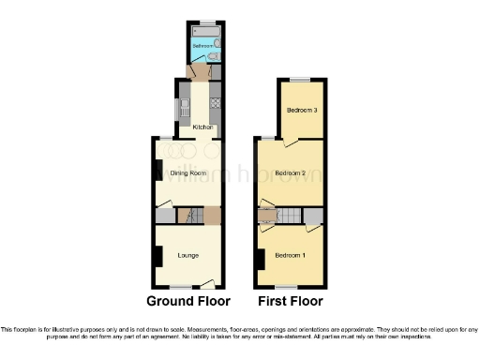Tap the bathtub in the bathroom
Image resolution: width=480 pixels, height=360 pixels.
tap(204, 33)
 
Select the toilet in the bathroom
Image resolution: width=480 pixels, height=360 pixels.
tap(215, 48)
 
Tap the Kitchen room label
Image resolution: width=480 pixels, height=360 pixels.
tap(203, 127)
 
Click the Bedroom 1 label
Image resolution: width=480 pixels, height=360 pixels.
tap(291, 255)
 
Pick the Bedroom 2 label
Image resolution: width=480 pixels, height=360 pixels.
tap(291, 172)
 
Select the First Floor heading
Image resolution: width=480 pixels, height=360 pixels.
tap(291, 302)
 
